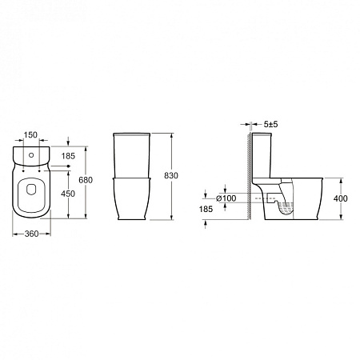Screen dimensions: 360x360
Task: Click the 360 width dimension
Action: pyautogui.click(x=32, y=234)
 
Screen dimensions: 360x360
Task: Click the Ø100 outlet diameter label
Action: pyautogui.click(x=226, y=198)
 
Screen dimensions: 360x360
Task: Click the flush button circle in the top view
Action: pyautogui.click(x=32, y=151)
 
